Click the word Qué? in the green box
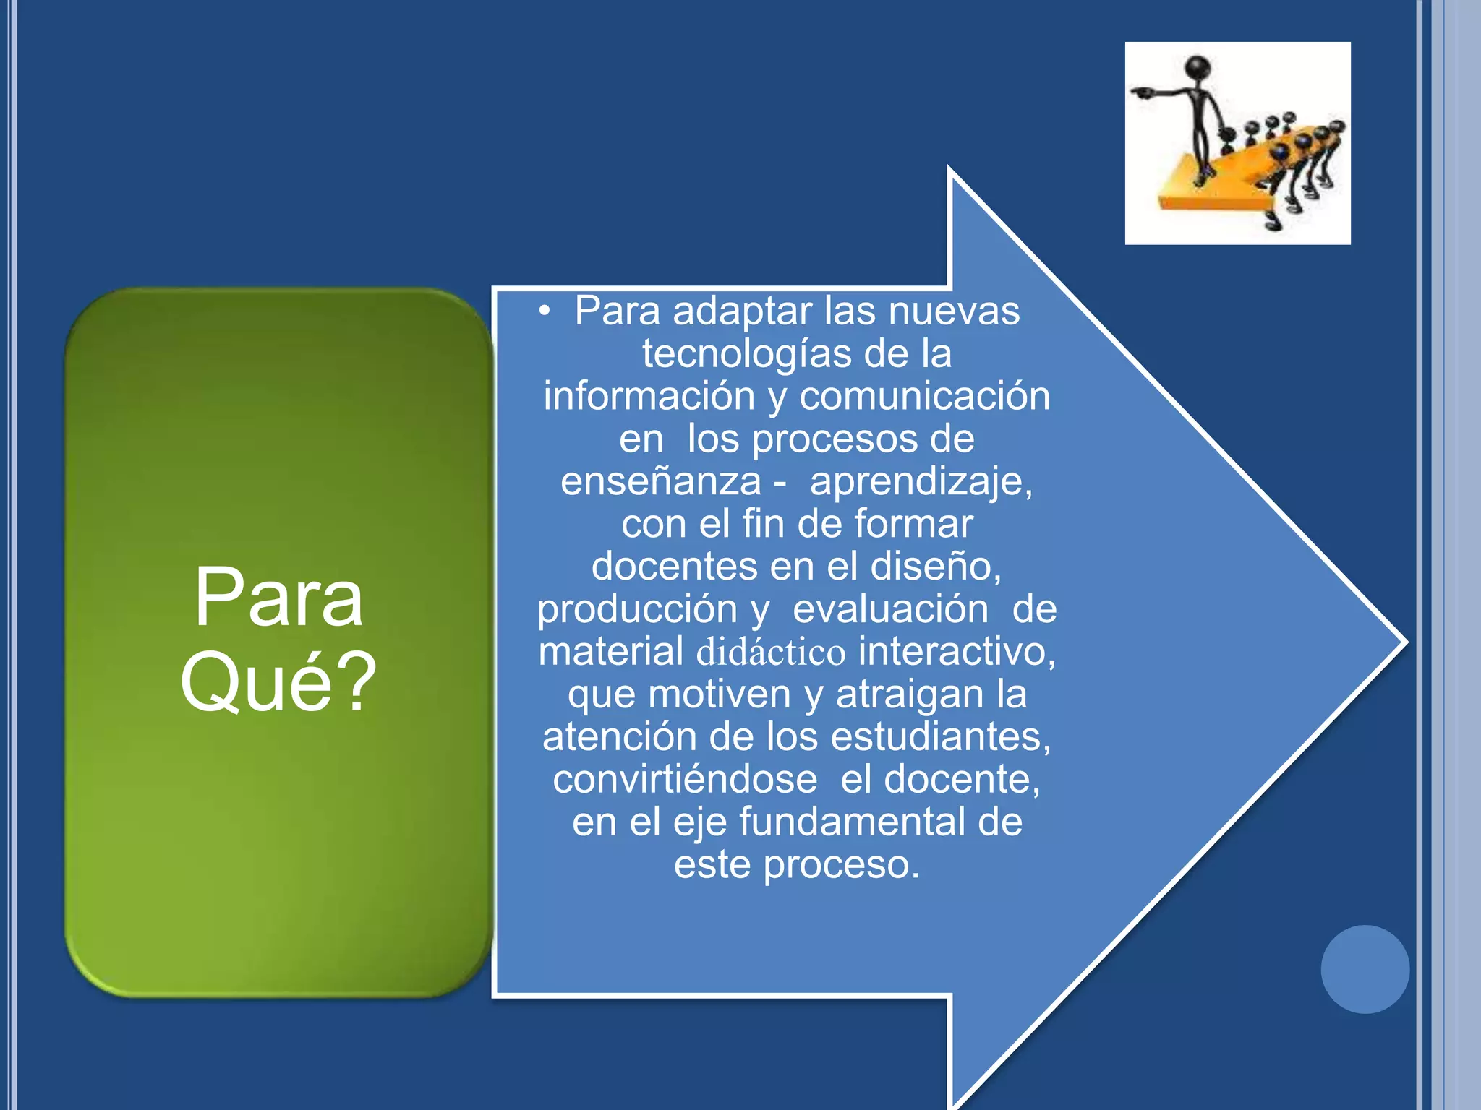click(278, 681)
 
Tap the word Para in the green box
click(278, 598)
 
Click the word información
click(649, 397)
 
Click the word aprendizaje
click(921, 482)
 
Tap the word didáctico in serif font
click(771, 652)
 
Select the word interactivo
click(956, 652)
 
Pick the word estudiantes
click(940, 737)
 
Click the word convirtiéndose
click(685, 779)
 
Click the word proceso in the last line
click(841, 865)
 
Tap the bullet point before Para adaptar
click(545, 311)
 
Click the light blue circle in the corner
click(1365, 969)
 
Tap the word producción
click(636, 609)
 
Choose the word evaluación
click(890, 609)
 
